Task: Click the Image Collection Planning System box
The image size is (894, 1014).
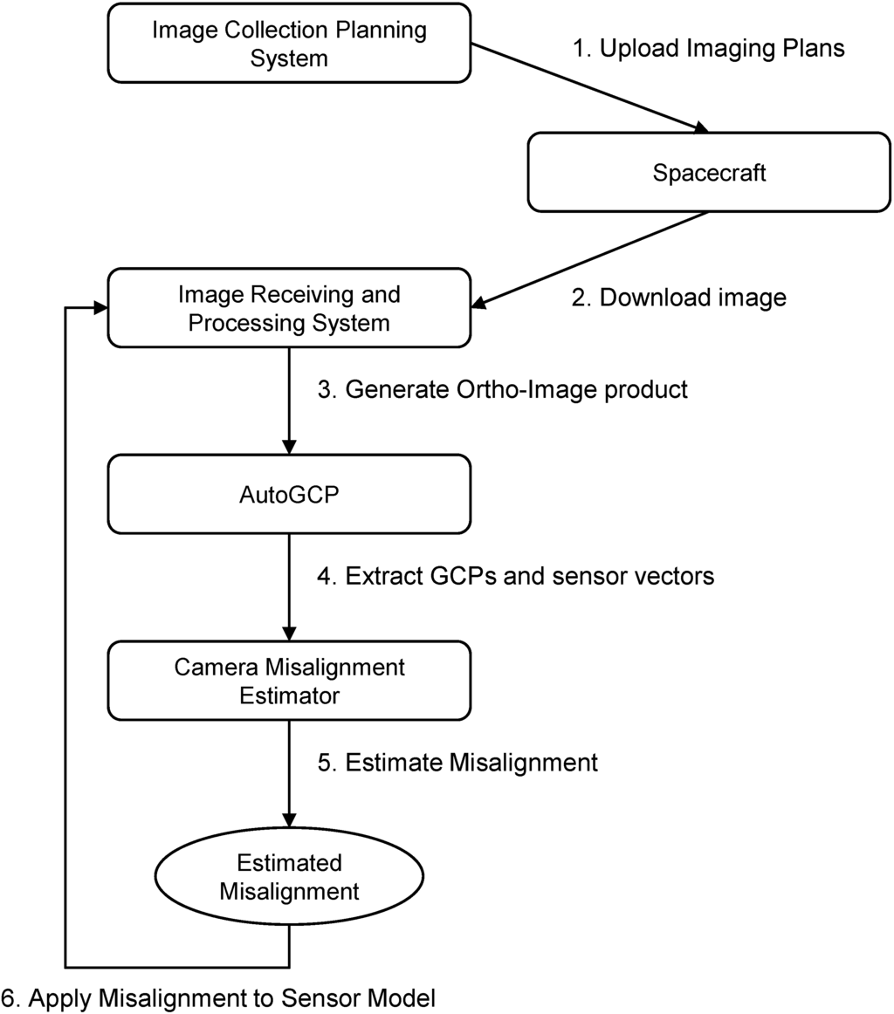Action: [x=289, y=44]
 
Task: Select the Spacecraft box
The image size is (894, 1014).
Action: [x=709, y=173]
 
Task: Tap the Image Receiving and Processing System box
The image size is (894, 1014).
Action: [x=289, y=308]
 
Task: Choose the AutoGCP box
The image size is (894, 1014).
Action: [x=289, y=495]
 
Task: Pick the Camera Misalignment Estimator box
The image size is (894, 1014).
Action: [x=289, y=682]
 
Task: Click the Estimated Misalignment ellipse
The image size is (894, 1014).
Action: [x=289, y=878]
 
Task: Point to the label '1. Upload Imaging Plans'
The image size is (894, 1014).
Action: [x=708, y=49]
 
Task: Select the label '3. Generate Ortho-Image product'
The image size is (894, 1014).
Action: [x=502, y=389]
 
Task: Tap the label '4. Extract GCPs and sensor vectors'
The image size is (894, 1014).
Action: [x=515, y=576]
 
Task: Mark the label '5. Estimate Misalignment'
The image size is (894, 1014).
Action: [x=457, y=762]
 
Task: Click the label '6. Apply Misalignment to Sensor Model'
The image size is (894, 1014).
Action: [x=217, y=997]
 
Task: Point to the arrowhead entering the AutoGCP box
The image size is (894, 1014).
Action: [x=289, y=448]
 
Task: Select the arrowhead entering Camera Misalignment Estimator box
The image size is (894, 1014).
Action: [x=289, y=634]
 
